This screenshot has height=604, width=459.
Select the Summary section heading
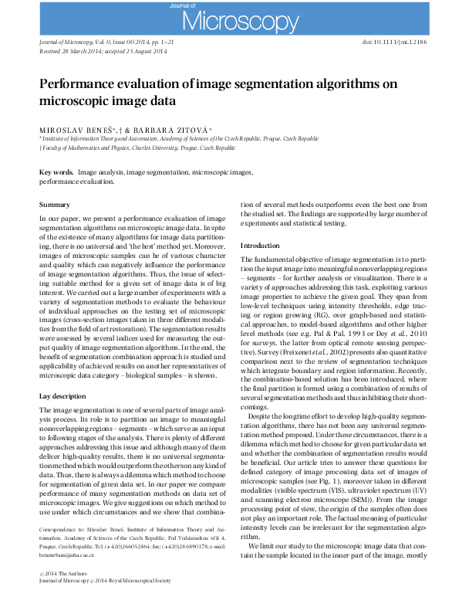click(54, 204)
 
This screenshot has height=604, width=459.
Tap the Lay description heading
click(64, 395)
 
